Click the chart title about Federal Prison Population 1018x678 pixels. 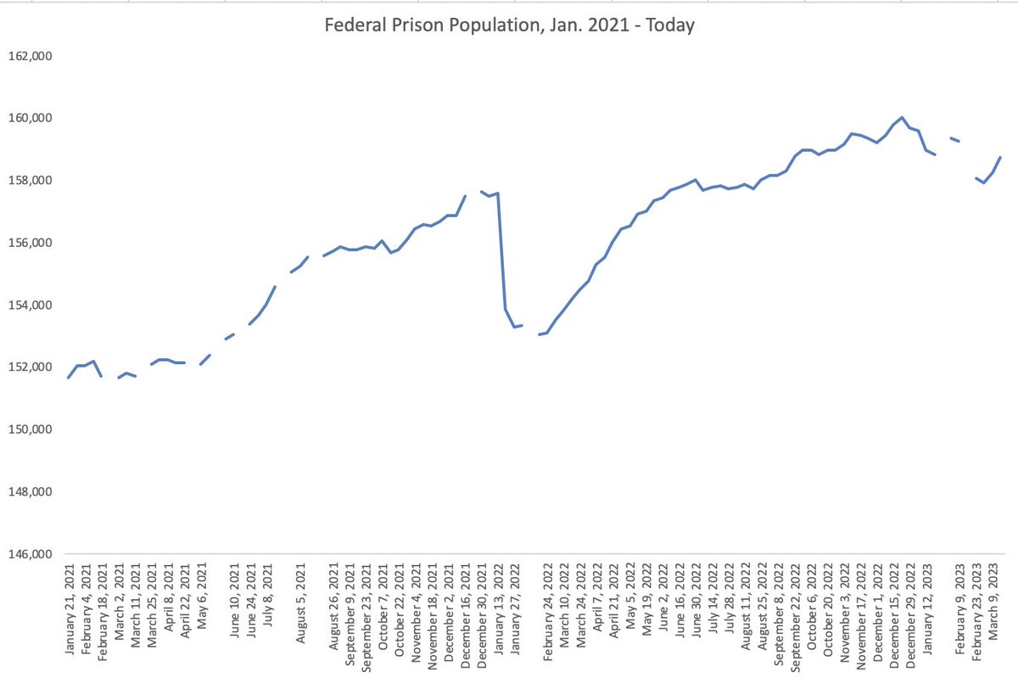[510, 25]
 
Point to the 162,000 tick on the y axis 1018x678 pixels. [31, 56]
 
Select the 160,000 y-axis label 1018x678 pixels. [31, 118]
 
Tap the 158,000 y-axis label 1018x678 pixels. [31, 181]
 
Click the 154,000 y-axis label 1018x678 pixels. [31, 305]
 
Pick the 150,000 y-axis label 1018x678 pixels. [31, 429]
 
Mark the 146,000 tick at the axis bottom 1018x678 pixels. [31, 554]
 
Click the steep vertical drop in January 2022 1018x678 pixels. [501, 255]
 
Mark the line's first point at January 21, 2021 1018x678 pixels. [69, 377]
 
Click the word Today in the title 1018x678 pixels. [670, 25]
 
